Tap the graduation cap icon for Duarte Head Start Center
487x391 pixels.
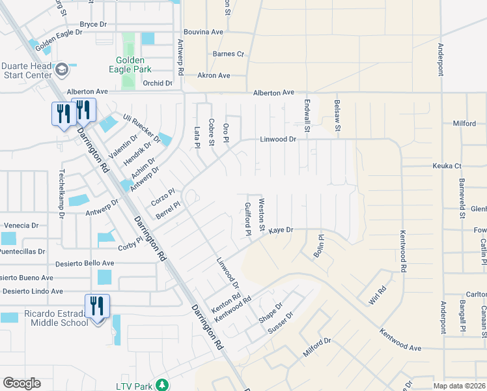pos(62,70)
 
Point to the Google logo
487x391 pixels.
pos(21,383)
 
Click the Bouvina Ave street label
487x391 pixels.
pos(204,31)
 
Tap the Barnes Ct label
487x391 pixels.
pos(228,54)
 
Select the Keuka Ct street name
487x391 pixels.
pos(447,166)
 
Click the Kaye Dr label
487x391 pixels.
pos(281,230)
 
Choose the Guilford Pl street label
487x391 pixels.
pos(248,218)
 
